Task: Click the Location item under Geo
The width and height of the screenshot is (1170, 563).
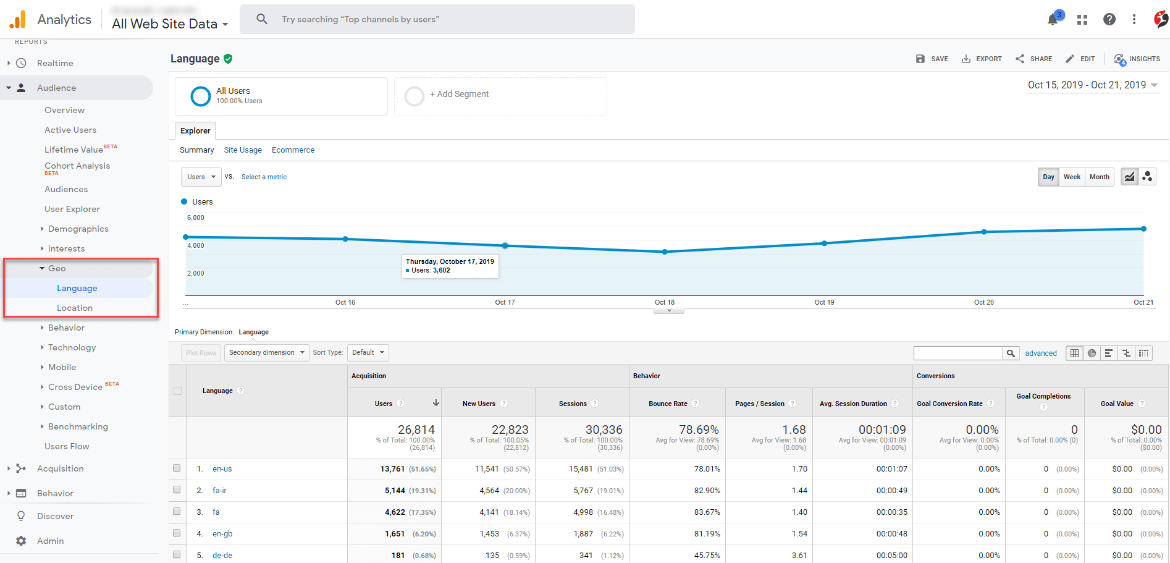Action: tap(75, 308)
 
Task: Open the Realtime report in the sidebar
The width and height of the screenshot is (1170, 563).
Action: tap(55, 63)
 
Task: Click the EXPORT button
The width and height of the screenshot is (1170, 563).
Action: tap(982, 59)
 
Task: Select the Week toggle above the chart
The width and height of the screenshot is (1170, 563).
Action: tap(1072, 177)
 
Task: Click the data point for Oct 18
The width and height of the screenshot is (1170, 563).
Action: tap(665, 252)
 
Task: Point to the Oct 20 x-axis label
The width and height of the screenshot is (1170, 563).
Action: tap(983, 302)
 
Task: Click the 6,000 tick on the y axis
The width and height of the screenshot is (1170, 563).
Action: tap(195, 218)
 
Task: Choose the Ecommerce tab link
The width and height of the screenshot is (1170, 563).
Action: tap(293, 150)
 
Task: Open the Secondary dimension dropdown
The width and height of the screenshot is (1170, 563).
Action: tap(266, 352)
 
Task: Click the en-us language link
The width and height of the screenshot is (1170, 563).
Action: tap(222, 469)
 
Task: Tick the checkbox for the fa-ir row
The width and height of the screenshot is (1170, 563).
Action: tap(177, 490)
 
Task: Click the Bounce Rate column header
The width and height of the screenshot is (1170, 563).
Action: tap(668, 404)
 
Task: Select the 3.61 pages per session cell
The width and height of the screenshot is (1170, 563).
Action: tap(799, 555)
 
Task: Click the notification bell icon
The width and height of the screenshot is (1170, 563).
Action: tap(1053, 20)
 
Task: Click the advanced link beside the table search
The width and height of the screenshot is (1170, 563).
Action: tap(1041, 353)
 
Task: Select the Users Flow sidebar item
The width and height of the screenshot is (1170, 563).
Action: tap(67, 446)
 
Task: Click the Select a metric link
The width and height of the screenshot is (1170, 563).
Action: tap(264, 177)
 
